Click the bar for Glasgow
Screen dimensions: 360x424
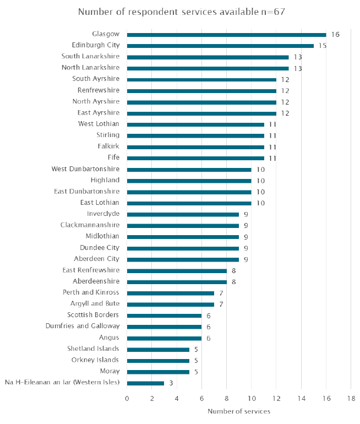coord(226,35)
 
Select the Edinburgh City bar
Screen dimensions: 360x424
coord(220,46)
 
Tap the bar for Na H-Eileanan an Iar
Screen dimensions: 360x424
coord(145,383)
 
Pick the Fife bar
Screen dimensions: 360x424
coord(195,159)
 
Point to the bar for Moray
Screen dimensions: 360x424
coord(158,372)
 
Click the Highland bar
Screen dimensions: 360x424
coord(189,181)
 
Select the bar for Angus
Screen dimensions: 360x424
coord(165,338)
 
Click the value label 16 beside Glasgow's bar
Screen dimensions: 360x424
coord(335,35)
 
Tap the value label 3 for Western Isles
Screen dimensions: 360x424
coord(171,383)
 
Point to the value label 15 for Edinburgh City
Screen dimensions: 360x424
coord(323,46)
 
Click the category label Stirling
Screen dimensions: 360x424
coord(108,135)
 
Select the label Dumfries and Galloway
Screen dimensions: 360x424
coord(83,326)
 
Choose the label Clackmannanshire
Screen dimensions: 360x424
coord(90,225)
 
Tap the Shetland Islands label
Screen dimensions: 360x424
coord(93,349)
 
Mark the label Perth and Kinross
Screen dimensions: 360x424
coord(91,292)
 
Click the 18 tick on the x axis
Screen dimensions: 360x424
coord(351,398)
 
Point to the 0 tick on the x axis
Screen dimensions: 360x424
coord(127,398)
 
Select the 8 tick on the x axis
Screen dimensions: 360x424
coord(226,398)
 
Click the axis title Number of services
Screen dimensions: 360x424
coord(239,411)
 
